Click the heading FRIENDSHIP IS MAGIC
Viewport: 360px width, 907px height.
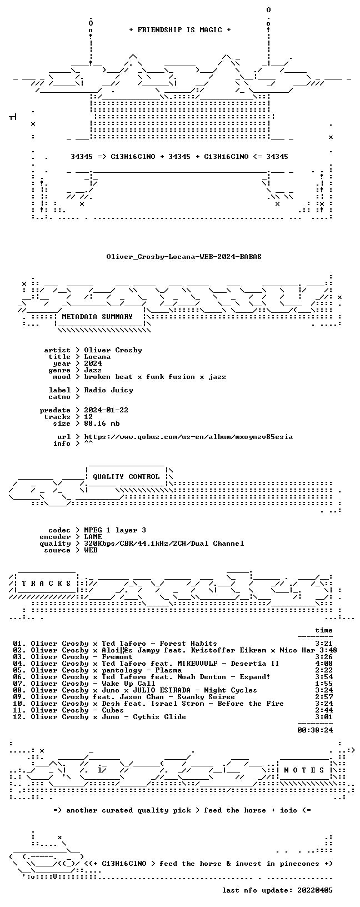[180, 30]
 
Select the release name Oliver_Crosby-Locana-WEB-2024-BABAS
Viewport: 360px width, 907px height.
[184, 257]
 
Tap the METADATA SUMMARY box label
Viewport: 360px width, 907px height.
[97, 317]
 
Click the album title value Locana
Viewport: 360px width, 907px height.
[97, 357]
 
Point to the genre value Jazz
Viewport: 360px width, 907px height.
[93, 370]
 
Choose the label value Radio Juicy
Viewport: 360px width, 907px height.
[108, 390]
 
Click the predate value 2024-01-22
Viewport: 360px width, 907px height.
[106, 410]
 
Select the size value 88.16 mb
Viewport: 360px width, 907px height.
[102, 423]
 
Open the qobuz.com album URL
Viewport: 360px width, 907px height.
[188, 436]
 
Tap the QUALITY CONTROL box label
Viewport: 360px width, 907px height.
[126, 477]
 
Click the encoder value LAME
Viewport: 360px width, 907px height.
[93, 536]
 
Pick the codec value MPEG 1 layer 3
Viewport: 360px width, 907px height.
[115, 530]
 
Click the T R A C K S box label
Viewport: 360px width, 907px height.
[47, 583]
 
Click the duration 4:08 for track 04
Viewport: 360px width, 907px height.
[324, 663]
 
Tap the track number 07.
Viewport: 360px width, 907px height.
[17, 684]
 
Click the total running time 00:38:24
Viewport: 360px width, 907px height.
[315, 730]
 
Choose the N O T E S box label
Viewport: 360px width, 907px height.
[304, 770]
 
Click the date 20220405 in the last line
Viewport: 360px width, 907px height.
[315, 890]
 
